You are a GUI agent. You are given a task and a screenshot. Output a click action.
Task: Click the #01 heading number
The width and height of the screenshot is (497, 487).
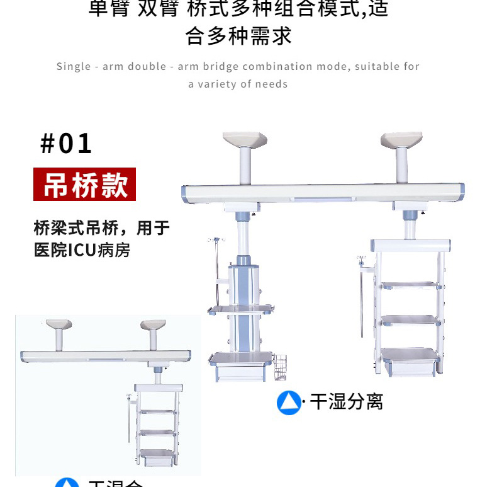pos(66,143)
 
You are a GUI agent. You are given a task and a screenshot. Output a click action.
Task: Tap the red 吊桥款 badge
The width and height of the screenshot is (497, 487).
pos(84,184)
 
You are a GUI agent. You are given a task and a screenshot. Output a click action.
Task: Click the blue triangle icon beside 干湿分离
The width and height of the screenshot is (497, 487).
pos(289,403)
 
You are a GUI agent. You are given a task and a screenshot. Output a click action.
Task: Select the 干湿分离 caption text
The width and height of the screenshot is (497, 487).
pos(347,402)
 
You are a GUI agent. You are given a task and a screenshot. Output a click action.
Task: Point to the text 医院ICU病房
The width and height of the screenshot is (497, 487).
pos(82,249)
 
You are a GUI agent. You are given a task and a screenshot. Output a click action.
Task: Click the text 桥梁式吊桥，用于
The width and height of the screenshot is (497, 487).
pos(101,227)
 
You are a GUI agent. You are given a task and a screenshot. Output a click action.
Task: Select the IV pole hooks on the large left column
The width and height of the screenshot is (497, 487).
pos(215,240)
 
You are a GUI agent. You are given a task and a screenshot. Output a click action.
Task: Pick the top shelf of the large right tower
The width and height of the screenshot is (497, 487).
pos(410,285)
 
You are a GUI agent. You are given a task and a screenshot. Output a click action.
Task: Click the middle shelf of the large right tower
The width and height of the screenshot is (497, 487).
pos(410,319)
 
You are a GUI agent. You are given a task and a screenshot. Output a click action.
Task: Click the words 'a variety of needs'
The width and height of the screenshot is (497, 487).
pos(238,84)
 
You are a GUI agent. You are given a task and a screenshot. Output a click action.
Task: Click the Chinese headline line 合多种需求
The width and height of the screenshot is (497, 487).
pos(238,36)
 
